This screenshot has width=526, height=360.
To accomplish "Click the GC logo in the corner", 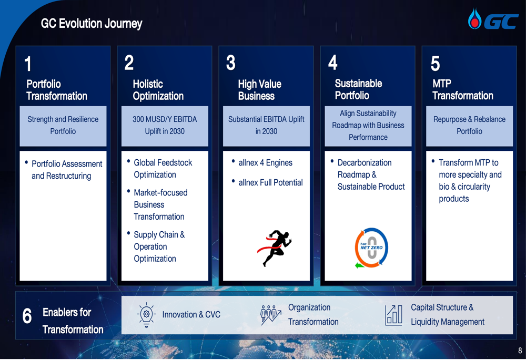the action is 493,19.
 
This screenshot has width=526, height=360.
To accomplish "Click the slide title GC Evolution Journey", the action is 91,24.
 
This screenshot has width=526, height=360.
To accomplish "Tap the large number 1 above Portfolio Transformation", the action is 28,64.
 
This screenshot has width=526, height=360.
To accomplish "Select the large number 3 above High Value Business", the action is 230,63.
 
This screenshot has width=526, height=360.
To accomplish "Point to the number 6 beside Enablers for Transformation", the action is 27,316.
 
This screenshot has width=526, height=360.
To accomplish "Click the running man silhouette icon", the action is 275,248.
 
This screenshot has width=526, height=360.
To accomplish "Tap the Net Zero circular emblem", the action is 371,248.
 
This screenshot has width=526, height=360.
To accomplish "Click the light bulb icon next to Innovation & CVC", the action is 146,315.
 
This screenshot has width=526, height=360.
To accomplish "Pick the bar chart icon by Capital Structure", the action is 393,315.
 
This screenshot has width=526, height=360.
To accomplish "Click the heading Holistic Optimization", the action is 158,90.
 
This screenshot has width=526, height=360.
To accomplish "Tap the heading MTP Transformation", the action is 462,89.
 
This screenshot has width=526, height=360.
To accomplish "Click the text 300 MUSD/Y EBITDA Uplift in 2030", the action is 165,125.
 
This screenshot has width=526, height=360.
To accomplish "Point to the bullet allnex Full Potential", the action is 270,182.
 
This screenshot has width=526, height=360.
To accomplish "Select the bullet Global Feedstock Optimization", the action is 163,169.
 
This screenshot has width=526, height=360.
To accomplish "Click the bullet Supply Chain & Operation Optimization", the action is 159,246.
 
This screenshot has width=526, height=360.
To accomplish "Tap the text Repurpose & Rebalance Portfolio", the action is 469,125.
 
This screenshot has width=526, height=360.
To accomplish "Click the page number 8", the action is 520,351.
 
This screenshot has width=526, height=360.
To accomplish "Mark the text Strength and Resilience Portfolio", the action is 63,125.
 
